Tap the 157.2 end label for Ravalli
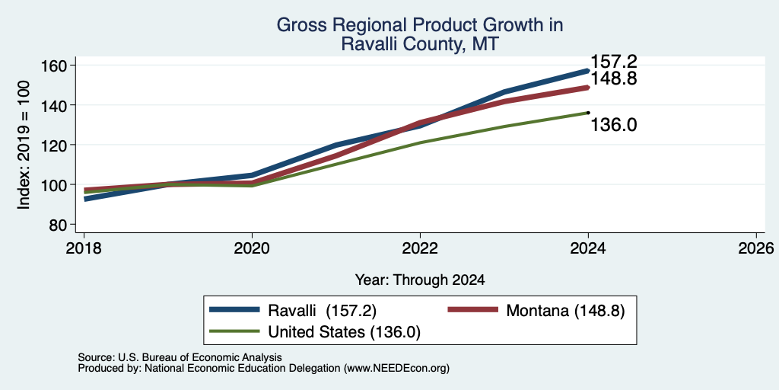[x=614, y=62]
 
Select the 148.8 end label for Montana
[x=614, y=78]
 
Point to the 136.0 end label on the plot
[x=614, y=125]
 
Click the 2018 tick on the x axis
[x=84, y=248]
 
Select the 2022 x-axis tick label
[x=420, y=248]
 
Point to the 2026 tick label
[x=756, y=248]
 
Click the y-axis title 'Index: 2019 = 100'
[x=24, y=145]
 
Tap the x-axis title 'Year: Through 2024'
[x=420, y=280]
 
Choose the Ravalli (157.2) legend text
[x=322, y=311]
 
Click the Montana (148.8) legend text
[x=565, y=311]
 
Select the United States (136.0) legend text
[x=345, y=332]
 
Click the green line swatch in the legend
[x=234, y=331]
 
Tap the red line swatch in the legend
[x=473, y=309]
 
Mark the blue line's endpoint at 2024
[x=588, y=71]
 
